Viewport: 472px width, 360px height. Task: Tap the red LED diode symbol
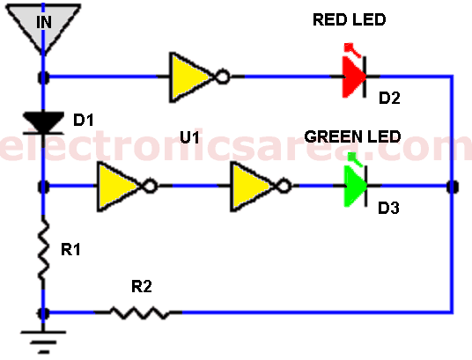(x=355, y=71)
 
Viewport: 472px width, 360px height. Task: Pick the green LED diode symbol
(x=356, y=181)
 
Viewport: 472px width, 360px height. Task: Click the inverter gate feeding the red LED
(x=199, y=77)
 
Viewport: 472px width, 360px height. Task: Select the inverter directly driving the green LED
(x=260, y=187)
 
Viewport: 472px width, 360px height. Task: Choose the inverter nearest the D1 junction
(x=127, y=187)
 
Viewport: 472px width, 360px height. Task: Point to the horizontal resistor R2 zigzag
(x=139, y=312)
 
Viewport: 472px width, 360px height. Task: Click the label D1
(x=84, y=120)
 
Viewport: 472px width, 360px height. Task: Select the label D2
(x=389, y=98)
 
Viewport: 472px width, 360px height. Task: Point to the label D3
(x=388, y=208)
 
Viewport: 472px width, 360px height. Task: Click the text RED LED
(x=350, y=20)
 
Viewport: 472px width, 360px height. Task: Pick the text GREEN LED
(x=352, y=136)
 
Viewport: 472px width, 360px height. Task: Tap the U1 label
(x=189, y=137)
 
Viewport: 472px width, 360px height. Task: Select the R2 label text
(x=142, y=286)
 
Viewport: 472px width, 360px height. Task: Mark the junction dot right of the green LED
(x=452, y=187)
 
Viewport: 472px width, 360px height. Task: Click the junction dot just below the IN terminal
(x=44, y=77)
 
